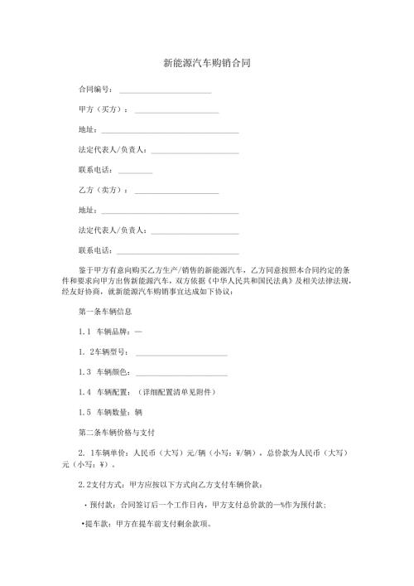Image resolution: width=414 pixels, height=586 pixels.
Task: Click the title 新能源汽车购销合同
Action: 206,62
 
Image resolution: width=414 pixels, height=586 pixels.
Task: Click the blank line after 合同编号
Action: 166,90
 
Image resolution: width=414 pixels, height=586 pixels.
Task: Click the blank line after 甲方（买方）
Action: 176,111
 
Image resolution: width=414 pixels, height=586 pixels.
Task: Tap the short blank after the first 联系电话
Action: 136,172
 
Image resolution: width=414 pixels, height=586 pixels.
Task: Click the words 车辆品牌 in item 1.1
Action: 113,332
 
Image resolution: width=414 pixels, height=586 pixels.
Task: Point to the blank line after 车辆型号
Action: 181,352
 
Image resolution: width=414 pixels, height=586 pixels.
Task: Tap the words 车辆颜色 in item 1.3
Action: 113,371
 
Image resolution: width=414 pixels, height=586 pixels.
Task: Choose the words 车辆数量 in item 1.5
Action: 113,411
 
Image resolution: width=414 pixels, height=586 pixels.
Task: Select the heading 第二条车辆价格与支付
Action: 113,432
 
